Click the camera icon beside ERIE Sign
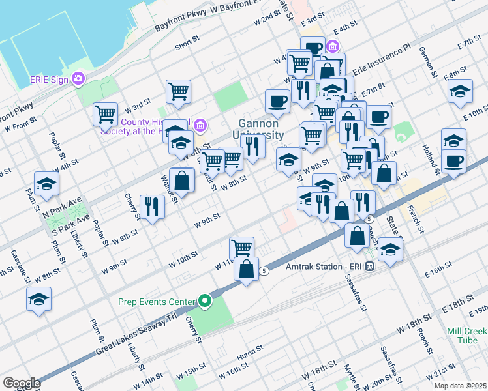(x=79, y=79)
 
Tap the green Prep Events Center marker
(x=206, y=302)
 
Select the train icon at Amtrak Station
(x=369, y=267)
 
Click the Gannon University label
(x=258, y=129)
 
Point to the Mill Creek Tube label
(x=467, y=335)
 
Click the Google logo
(x=22, y=383)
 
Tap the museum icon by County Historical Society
(x=200, y=124)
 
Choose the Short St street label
(x=187, y=47)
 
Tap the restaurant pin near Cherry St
(x=152, y=207)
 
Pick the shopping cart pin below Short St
(x=178, y=91)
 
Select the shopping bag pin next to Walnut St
(x=183, y=180)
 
